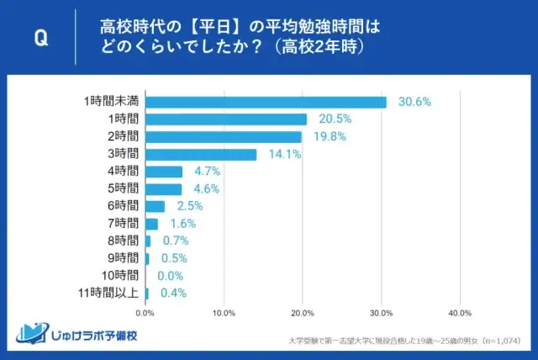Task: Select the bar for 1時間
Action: tap(226, 119)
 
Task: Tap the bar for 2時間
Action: tap(224, 137)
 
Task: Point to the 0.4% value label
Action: tap(173, 294)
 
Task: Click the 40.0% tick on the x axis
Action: tap(459, 314)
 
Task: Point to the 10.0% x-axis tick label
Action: tap(224, 314)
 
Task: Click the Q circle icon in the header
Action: tap(41, 40)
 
